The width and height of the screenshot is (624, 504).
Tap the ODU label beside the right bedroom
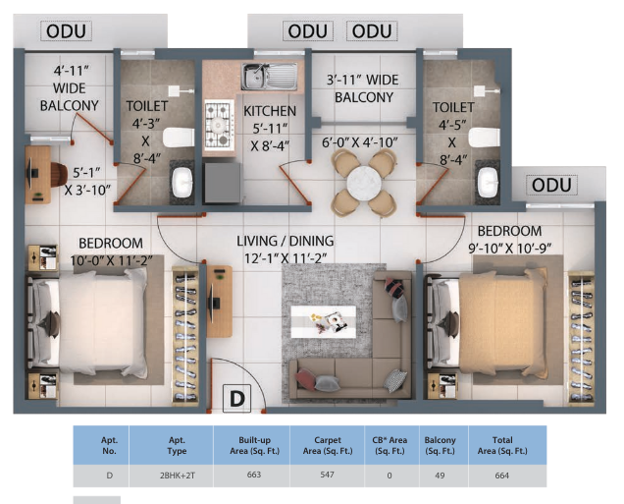553,186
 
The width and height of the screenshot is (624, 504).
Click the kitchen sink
269,77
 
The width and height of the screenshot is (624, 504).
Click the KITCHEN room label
270,111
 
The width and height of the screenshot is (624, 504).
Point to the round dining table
364,183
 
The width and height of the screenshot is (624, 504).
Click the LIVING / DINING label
285,241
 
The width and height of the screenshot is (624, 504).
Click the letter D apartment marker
236,399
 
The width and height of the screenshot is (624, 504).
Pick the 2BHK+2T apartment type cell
171,476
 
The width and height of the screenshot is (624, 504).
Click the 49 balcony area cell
439,476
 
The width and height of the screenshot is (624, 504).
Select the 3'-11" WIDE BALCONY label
363,89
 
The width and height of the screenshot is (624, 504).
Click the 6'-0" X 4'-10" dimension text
360,142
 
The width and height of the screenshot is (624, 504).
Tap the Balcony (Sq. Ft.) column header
439,444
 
